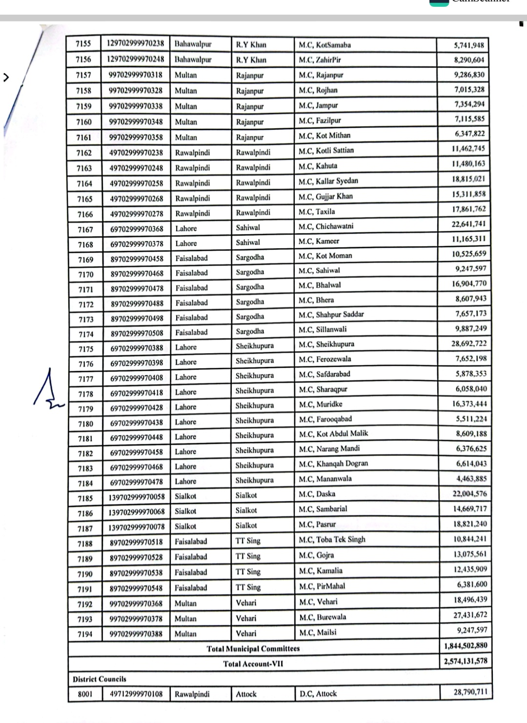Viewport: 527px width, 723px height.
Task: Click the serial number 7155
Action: (83, 44)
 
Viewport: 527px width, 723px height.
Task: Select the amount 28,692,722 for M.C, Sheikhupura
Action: (468, 343)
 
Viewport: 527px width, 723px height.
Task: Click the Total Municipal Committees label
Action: (253, 648)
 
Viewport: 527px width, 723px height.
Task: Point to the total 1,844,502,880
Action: (466, 646)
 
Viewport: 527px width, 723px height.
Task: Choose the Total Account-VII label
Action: (253, 663)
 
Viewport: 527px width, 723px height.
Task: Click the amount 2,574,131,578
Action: (466, 661)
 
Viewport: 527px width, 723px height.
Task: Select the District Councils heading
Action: (100, 679)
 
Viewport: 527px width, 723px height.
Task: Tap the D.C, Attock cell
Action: (318, 693)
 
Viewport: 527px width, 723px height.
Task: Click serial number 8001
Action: (85, 694)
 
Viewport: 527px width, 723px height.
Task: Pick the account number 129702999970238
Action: (135, 43)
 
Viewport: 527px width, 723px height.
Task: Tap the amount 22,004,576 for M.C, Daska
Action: (469, 493)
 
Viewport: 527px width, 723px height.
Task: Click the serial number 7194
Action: (85, 634)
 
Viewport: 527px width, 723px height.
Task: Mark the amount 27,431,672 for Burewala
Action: (470, 615)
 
